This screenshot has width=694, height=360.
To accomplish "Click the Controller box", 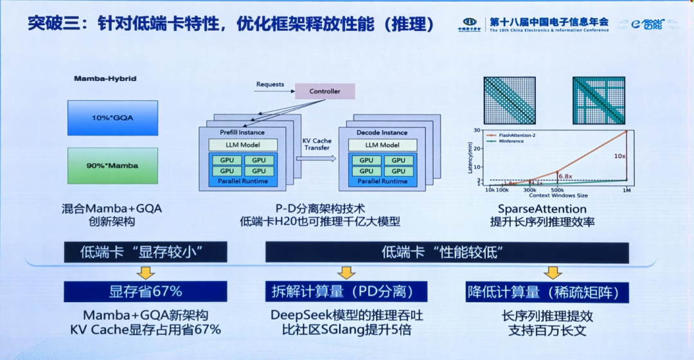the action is pos(325,91).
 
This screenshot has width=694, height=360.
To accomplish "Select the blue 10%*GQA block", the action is pos(112,118).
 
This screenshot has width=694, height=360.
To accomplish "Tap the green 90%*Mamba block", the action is pos(112,165).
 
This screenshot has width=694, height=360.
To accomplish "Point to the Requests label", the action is pos(270,84).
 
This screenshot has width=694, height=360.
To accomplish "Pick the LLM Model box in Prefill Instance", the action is pos(242,145).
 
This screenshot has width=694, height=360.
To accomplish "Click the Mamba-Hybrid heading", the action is pos(105,79).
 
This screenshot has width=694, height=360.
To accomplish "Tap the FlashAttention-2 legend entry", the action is pos(514,136).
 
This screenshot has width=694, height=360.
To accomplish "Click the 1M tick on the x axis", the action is pos(627,190).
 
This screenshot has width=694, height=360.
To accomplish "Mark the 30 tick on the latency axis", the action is pos(477,130).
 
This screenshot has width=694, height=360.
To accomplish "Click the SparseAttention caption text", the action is pos(542,209).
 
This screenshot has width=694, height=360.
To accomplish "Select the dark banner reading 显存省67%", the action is pos(145,291).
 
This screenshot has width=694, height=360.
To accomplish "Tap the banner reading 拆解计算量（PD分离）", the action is pos(347,291).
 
